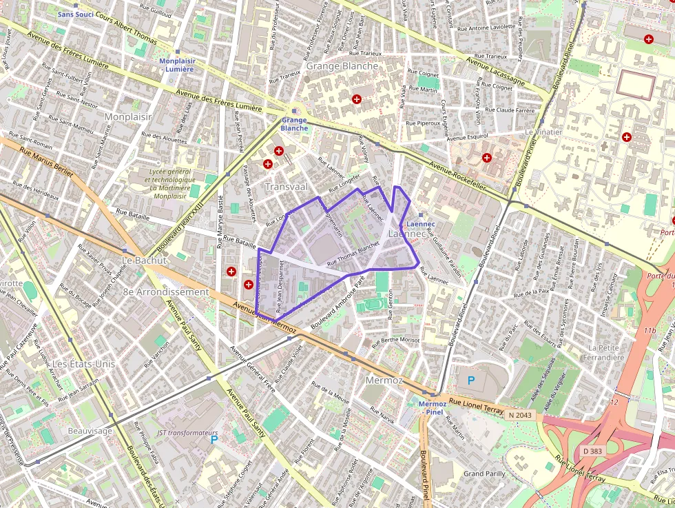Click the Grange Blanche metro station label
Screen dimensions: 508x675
[x=294, y=124]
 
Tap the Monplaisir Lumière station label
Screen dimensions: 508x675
[x=177, y=65]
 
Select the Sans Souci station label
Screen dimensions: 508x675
[x=76, y=14]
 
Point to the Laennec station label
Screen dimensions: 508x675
[x=421, y=224]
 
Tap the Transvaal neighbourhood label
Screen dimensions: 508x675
[x=287, y=187]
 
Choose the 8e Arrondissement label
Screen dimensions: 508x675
[x=165, y=292]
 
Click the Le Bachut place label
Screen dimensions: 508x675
[x=144, y=261]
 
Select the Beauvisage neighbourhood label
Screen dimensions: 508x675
[x=90, y=431]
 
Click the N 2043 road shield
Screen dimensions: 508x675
[x=521, y=415]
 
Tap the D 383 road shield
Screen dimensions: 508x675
[x=592, y=451]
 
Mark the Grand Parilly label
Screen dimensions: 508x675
[x=484, y=474]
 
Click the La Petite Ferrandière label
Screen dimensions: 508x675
[x=601, y=352]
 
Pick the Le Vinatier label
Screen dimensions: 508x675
[x=543, y=132]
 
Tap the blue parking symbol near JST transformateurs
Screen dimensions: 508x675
[x=214, y=439]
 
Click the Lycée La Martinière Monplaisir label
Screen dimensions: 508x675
[x=169, y=183]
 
